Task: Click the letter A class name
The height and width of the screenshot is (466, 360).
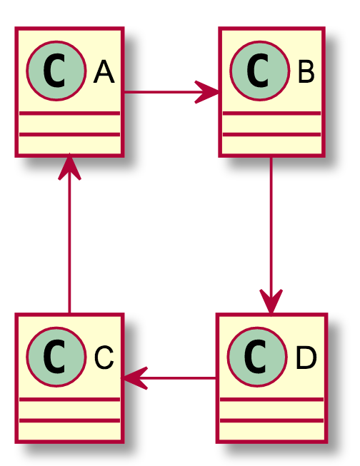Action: click(x=104, y=71)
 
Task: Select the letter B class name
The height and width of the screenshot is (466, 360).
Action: click(x=306, y=71)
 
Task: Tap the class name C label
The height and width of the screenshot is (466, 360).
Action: click(x=104, y=358)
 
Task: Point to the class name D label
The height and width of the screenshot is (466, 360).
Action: click(x=306, y=358)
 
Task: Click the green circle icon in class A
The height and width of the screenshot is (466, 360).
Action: click(x=56, y=71)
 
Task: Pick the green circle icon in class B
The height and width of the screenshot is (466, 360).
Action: click(x=259, y=71)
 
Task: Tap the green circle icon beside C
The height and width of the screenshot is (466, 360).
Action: click(x=56, y=357)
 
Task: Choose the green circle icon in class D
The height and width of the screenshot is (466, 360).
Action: click(x=257, y=357)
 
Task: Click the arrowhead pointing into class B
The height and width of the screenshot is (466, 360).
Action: click(x=206, y=92)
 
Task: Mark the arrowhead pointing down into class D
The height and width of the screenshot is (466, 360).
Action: click(x=271, y=300)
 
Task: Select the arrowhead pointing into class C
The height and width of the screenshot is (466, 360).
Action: click(x=136, y=378)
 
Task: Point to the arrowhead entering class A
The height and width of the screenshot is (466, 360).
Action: click(x=69, y=167)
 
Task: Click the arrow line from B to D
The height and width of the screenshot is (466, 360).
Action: click(x=271, y=235)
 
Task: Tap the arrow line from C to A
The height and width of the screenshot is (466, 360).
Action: click(x=69, y=234)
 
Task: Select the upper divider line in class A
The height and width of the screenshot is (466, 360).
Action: click(x=69, y=113)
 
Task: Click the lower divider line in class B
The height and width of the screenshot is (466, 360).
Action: click(x=271, y=135)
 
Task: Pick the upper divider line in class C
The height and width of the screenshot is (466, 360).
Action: click(x=69, y=399)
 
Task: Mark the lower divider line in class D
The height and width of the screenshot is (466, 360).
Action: click(x=271, y=420)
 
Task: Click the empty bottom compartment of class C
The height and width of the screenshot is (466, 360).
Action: click(x=69, y=430)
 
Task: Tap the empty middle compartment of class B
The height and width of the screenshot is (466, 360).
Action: click(x=271, y=124)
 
